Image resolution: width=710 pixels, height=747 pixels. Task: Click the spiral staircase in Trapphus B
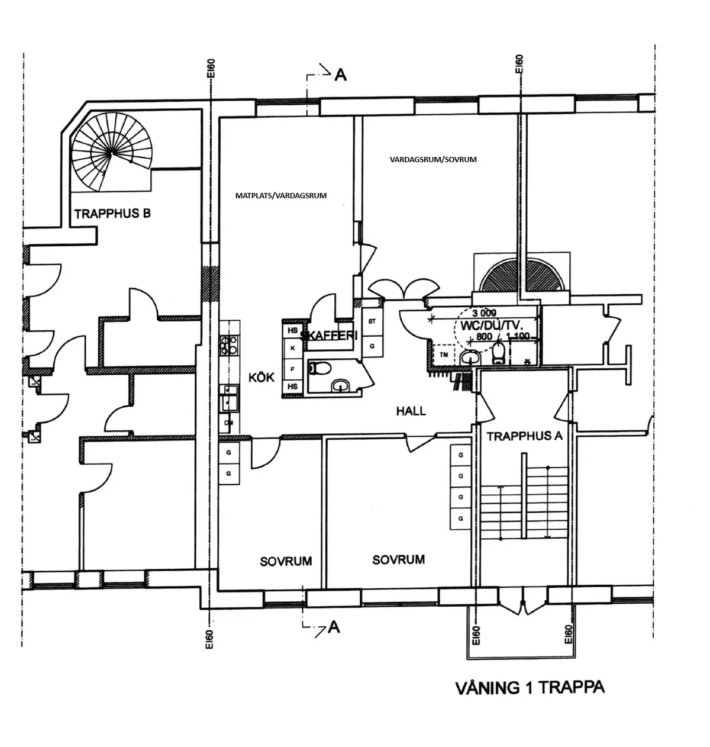pos(111,153)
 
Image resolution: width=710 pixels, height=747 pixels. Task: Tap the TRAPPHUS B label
pos(112,214)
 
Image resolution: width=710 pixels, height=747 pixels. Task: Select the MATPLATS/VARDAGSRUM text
pos(280,195)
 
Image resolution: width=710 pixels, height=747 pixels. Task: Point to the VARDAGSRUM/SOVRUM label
pos(433,159)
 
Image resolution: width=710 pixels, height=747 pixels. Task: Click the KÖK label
pos(262,376)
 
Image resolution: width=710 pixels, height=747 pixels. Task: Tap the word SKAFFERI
pos(330,336)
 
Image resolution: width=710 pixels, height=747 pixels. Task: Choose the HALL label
pos(411,411)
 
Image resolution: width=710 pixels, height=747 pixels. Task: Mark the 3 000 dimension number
pos(485,313)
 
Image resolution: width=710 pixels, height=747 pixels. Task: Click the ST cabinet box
pos(372,321)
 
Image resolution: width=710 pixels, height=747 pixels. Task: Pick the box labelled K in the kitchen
pos(292,349)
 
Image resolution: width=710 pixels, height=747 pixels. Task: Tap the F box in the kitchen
pos(292,368)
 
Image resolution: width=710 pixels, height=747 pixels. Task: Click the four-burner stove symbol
pos(229,345)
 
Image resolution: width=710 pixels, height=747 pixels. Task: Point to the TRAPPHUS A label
pos(524,437)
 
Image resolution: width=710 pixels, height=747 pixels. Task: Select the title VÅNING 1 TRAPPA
pos(530,688)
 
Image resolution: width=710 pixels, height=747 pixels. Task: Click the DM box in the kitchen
pos(228,423)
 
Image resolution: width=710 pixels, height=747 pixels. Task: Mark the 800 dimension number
pos(484,336)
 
